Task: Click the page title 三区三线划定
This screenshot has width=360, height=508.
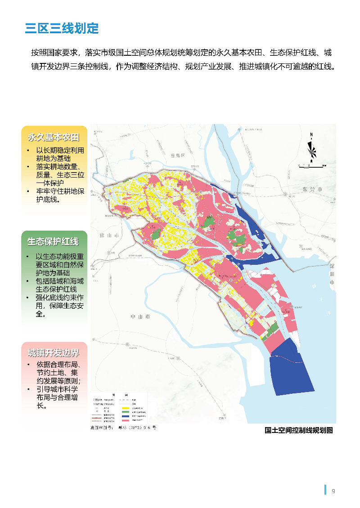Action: (62, 28)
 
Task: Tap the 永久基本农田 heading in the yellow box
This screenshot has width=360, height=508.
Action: (53, 137)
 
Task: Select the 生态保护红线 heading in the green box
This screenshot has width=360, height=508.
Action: (53, 241)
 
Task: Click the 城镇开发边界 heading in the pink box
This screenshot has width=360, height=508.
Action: (53, 352)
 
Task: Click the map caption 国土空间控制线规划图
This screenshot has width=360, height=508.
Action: (299, 430)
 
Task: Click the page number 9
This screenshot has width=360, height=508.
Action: (333, 491)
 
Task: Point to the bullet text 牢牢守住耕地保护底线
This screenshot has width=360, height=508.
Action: (60, 195)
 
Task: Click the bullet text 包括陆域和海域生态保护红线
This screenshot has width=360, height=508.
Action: (59, 285)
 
